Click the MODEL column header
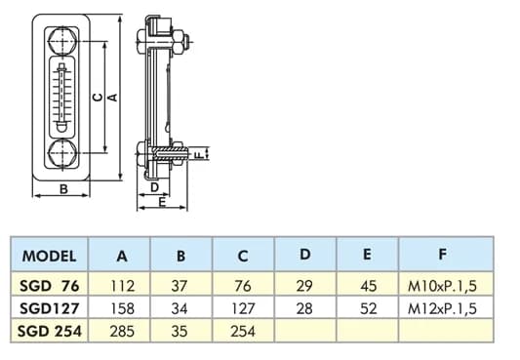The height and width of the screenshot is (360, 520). point(49,256)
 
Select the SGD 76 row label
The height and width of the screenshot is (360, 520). point(50,286)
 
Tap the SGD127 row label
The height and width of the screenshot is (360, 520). point(50,308)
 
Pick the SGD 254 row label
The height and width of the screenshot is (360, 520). point(50,331)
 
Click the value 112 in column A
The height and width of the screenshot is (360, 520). point(122,286)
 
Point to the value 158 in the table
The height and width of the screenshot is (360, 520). point(122,308)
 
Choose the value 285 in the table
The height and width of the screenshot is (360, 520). point(122,331)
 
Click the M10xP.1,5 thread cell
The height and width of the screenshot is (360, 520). point(442,286)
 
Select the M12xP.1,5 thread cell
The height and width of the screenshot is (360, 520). point(442,308)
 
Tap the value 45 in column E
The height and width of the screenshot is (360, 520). point(369,286)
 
